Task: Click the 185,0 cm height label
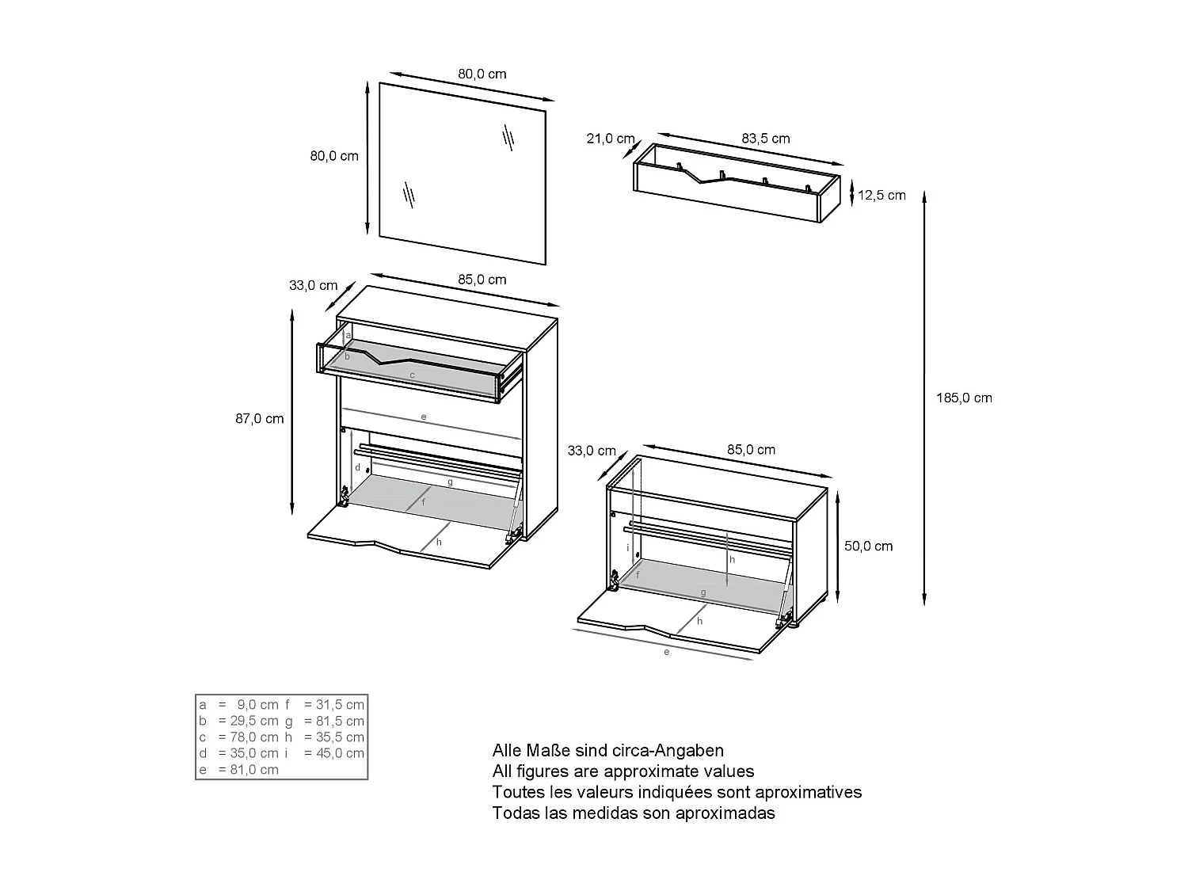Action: point(964,398)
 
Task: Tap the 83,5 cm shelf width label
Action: point(765,139)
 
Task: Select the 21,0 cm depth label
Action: point(610,139)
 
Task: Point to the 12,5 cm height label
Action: point(881,195)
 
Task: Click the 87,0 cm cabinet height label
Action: point(259,418)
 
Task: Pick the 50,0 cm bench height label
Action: point(868,546)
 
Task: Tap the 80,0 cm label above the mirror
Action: point(482,74)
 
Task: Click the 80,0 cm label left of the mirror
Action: point(334,156)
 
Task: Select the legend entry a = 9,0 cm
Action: point(238,704)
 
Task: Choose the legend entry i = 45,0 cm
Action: point(325,753)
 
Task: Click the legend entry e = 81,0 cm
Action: point(238,770)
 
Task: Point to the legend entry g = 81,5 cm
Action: point(325,721)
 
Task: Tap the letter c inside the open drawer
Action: point(412,374)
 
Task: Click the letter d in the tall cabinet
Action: point(357,467)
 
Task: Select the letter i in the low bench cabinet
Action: point(627,547)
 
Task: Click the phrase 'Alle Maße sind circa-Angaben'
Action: point(607,750)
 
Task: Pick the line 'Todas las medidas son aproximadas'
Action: point(633,813)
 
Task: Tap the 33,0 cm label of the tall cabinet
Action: point(313,285)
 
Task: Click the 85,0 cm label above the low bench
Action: point(751,450)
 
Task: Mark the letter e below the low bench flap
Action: point(667,652)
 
